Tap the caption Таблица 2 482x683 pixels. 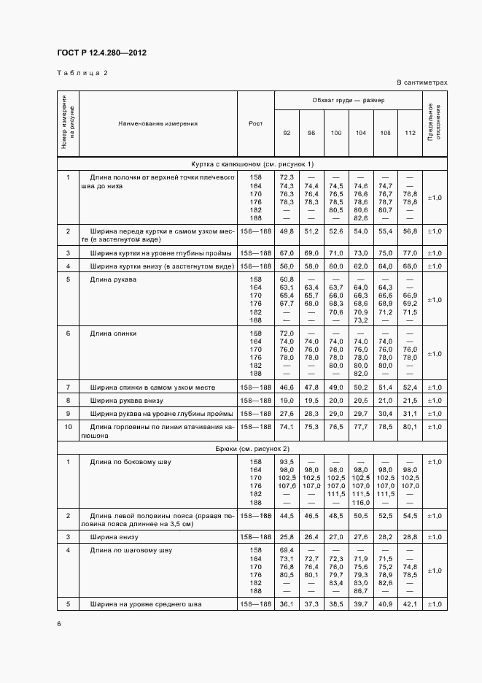82,73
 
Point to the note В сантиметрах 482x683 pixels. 422,82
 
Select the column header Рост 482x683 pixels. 255,123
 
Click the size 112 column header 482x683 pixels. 410,133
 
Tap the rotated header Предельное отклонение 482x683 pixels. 435,123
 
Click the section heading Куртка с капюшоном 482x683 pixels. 252,163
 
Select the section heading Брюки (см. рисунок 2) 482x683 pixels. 252,447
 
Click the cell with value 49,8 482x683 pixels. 286,231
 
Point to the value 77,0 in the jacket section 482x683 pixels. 410,252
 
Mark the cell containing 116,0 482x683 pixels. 360,503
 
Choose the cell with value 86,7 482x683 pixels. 360,591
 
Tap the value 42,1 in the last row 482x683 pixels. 410,604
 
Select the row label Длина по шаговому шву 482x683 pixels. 131,549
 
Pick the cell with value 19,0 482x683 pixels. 286,401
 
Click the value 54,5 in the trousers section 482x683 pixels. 410,516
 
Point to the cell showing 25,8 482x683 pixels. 286,536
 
